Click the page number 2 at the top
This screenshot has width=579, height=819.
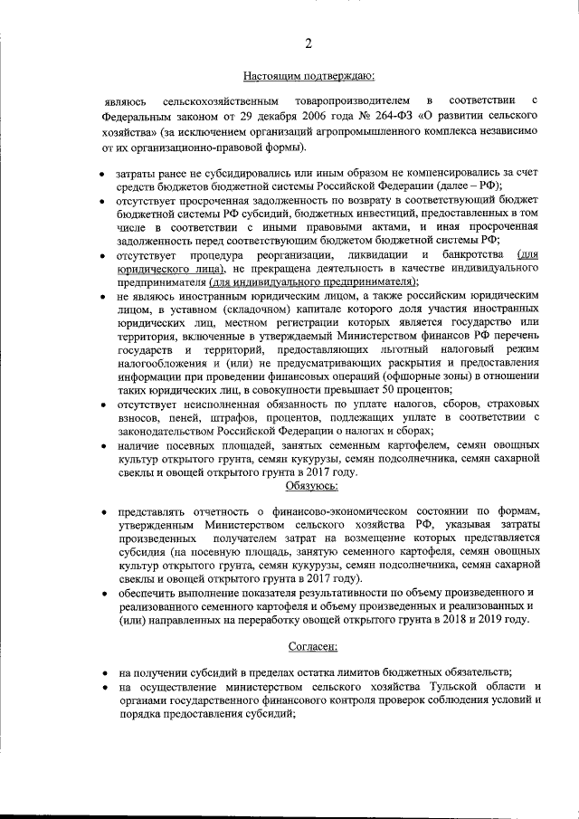tap(308, 43)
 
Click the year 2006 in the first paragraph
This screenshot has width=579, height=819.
tap(272, 118)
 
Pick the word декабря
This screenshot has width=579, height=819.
tap(231, 118)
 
